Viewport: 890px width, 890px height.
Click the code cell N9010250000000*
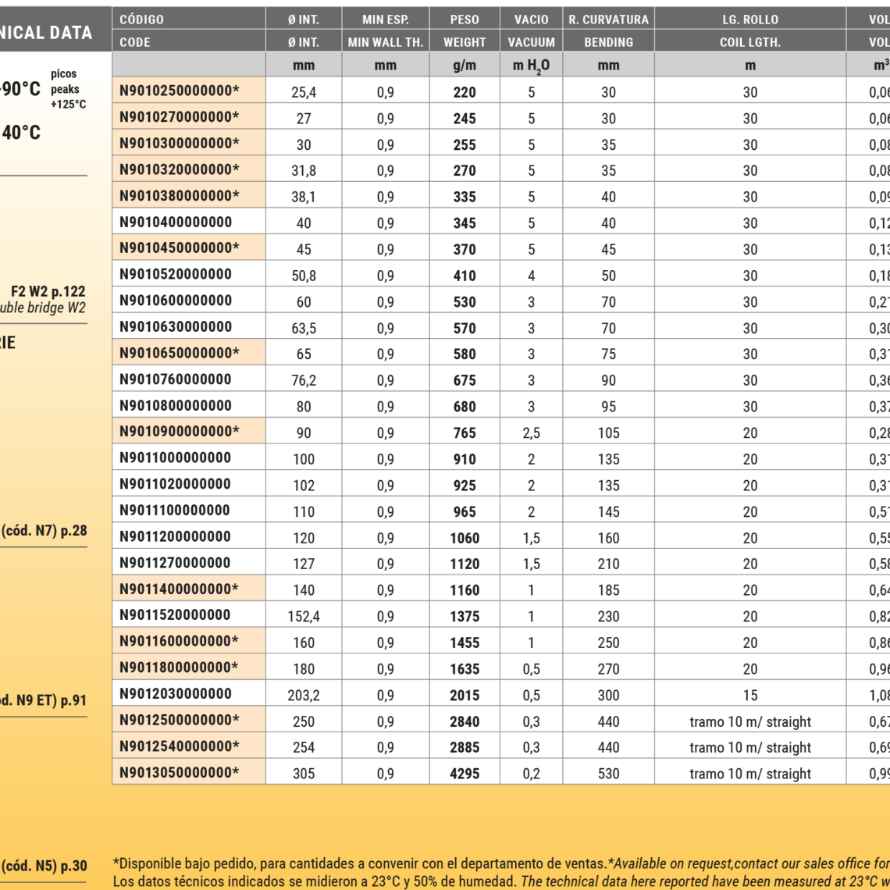point(180,91)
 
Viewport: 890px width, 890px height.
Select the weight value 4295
point(465,774)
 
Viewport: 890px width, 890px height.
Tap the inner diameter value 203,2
point(304,695)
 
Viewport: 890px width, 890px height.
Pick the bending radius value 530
point(608,774)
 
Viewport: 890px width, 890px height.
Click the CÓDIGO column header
point(142,20)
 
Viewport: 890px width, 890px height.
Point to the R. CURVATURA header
point(608,20)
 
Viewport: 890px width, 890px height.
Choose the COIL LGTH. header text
point(749,42)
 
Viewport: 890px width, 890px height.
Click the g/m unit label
point(465,66)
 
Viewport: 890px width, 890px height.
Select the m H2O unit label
point(531,66)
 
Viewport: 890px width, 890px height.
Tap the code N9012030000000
point(176,693)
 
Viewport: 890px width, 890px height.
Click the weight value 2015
point(465,695)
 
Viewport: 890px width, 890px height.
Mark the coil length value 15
point(749,695)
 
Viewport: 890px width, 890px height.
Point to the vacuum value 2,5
point(531,433)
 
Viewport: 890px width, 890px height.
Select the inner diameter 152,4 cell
point(304,616)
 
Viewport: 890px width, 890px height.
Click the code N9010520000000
point(176,274)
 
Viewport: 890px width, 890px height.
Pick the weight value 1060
point(465,538)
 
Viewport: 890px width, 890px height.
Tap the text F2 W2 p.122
point(48,292)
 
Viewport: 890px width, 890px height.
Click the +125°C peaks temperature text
point(68,104)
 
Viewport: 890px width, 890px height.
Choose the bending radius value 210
point(608,564)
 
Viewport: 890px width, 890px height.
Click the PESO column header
point(465,20)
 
